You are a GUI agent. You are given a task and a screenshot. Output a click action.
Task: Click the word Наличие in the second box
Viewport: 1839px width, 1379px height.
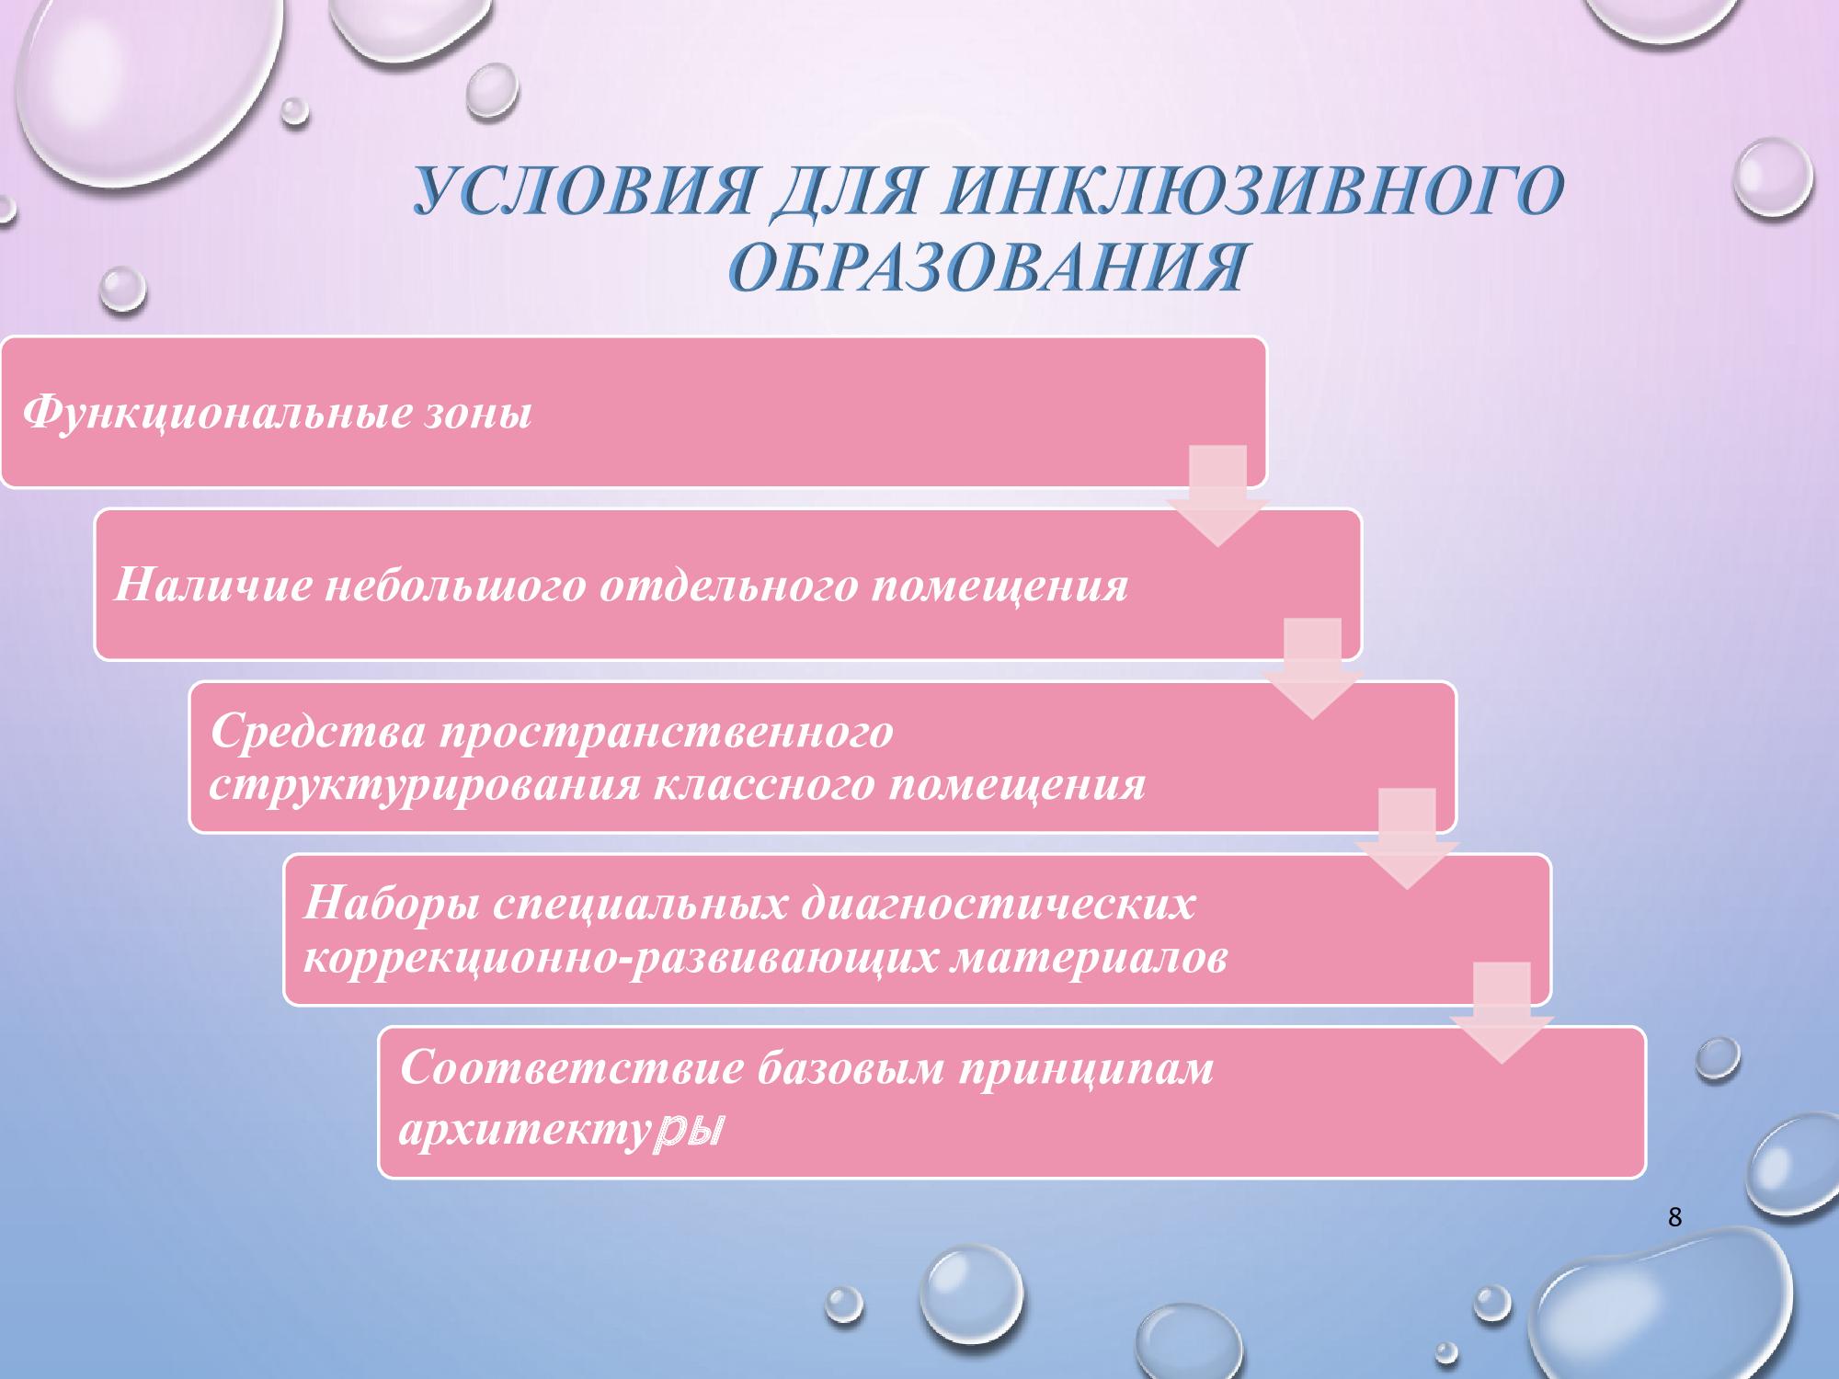click(213, 586)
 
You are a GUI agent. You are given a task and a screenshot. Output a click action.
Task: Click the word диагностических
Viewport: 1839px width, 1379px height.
click(999, 905)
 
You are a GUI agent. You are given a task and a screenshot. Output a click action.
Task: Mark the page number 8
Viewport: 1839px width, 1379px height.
click(1674, 1218)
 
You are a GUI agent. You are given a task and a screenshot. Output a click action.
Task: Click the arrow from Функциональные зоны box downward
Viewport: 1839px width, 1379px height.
click(1218, 496)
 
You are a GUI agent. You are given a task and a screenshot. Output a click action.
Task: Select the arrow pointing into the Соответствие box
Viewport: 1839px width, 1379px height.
click(1502, 1013)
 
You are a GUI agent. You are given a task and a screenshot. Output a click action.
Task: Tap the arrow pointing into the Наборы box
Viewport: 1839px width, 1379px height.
click(1407, 838)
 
